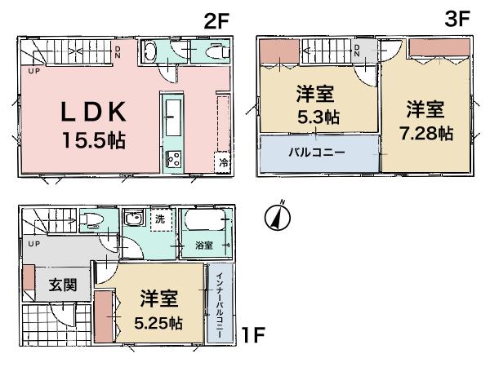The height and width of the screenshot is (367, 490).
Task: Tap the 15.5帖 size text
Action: (x=93, y=139)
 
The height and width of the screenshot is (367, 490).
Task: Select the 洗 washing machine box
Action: (x=159, y=219)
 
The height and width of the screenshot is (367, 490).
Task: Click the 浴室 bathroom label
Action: (x=203, y=244)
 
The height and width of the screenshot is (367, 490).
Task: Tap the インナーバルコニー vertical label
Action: (x=220, y=303)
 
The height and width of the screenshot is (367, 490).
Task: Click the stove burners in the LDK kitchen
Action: (x=174, y=159)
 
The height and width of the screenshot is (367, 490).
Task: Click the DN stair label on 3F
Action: (x=357, y=51)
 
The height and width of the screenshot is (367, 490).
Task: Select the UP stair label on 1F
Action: (x=33, y=244)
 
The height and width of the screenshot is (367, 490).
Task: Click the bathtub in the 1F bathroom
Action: (x=203, y=223)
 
